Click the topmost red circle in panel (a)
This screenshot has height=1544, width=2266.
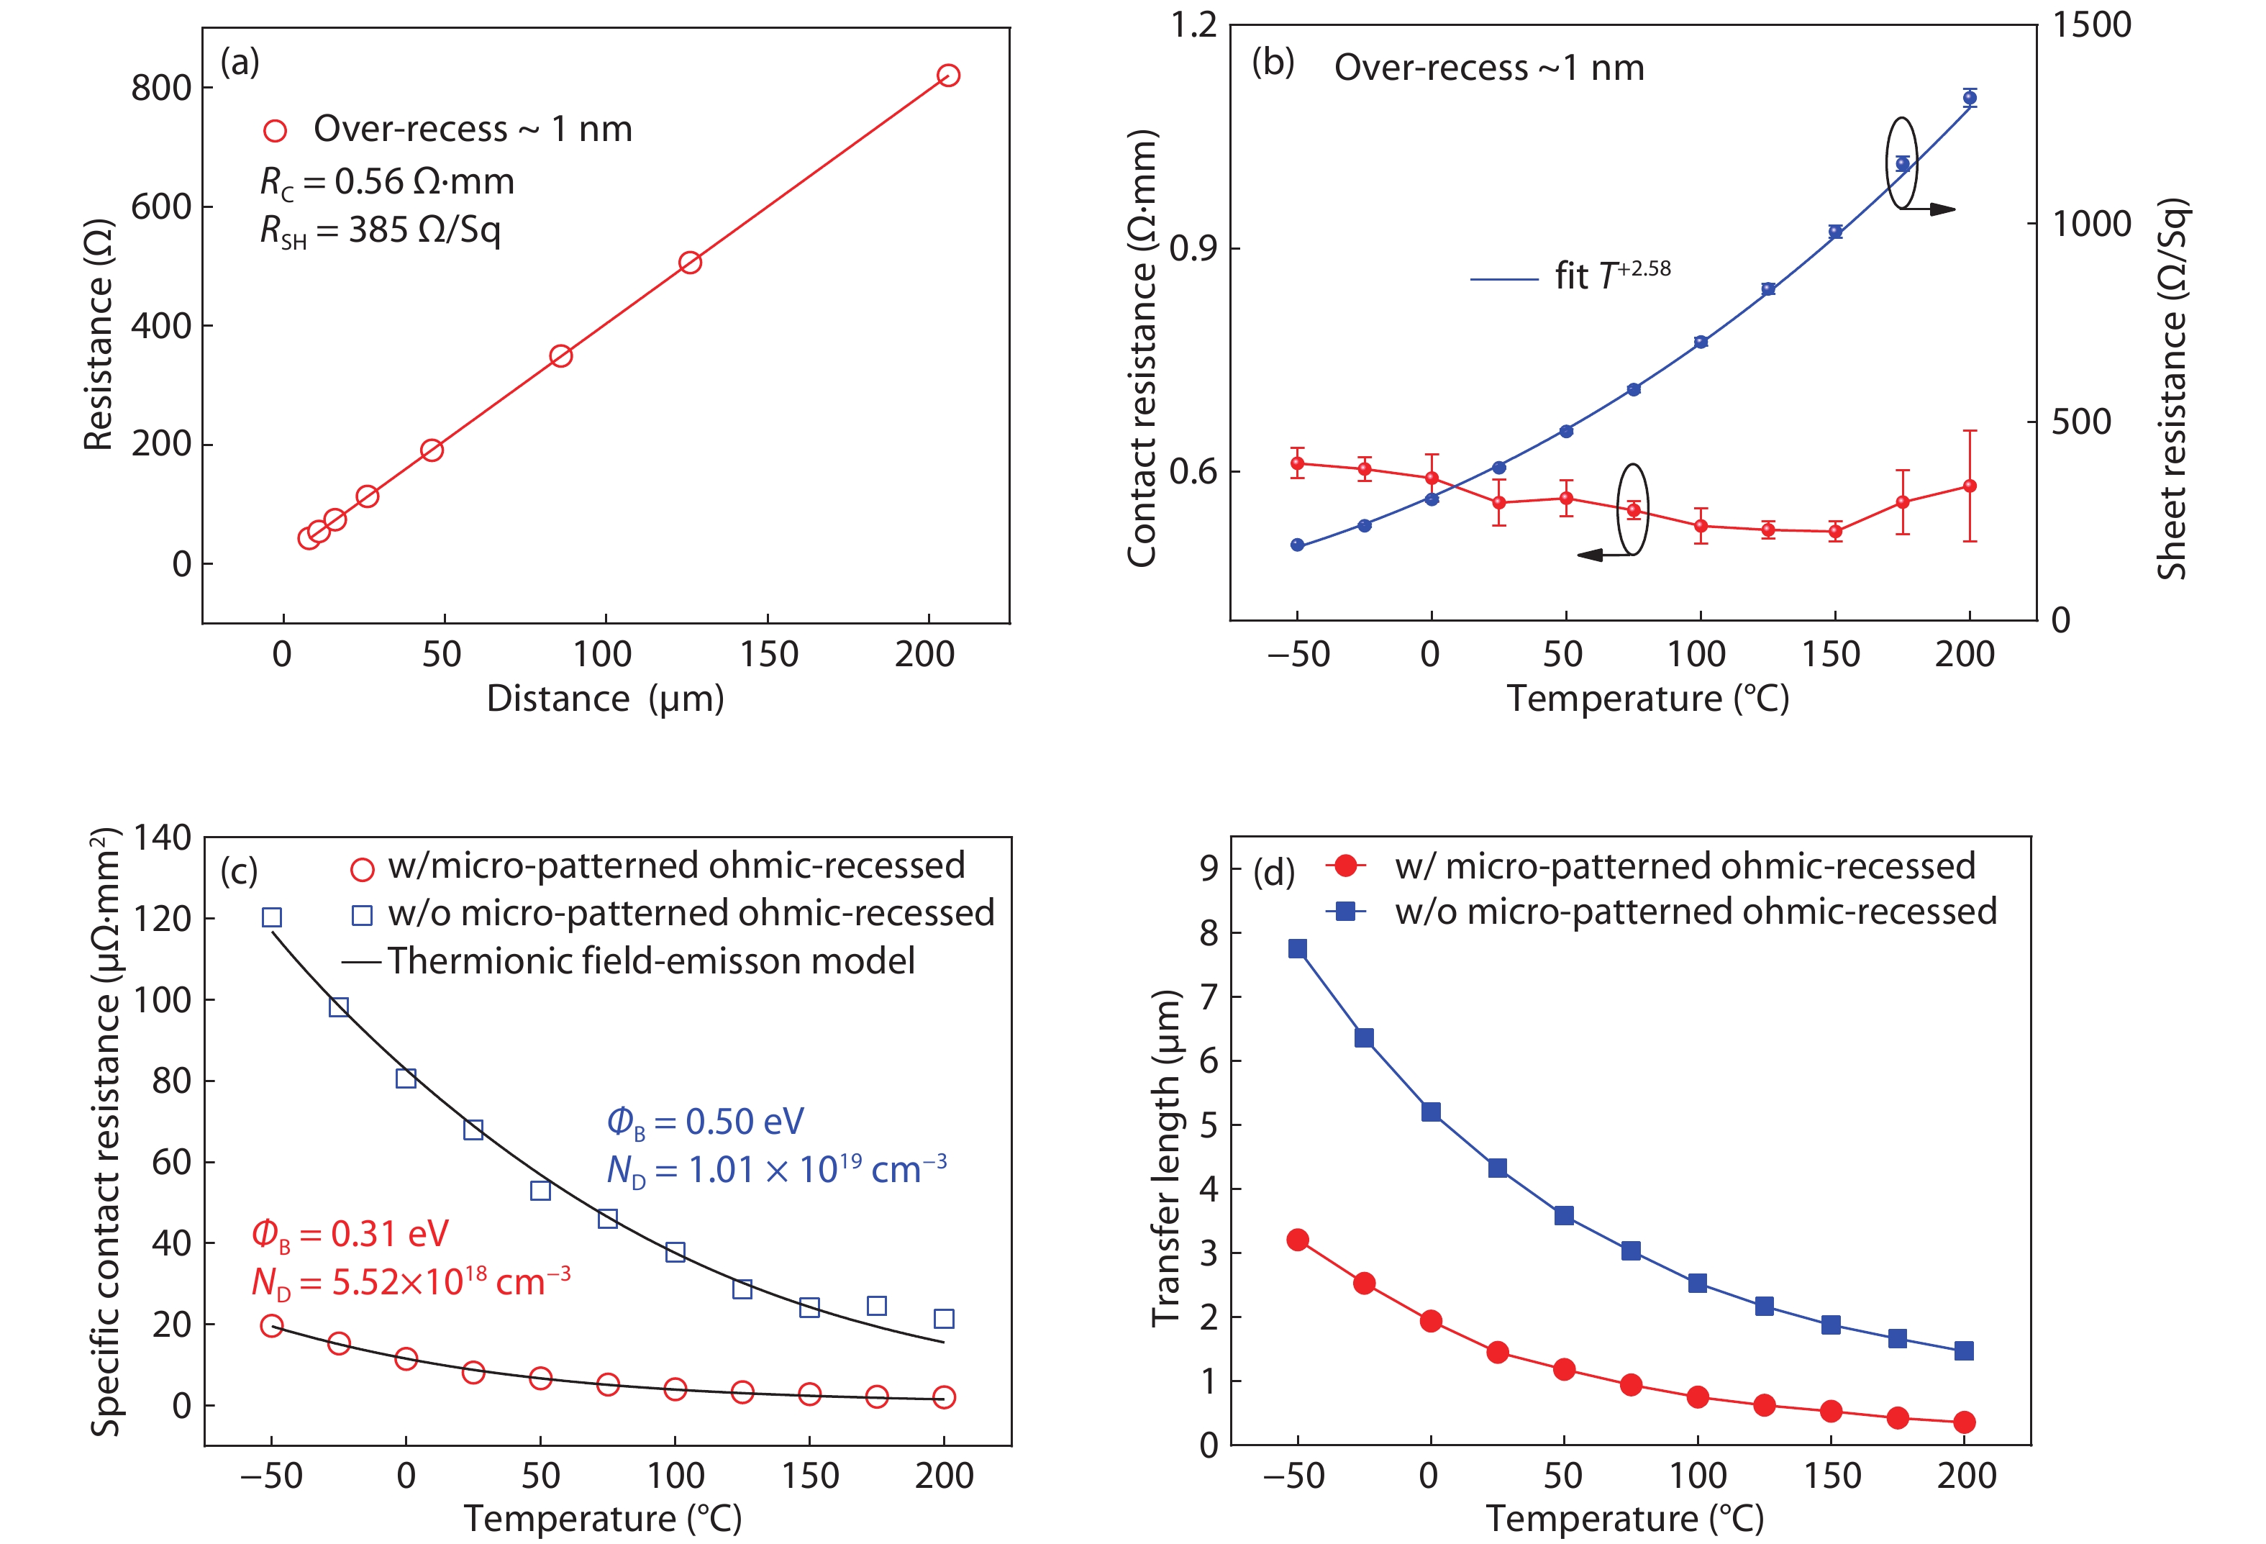(x=947, y=75)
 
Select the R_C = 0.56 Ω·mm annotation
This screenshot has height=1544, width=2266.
(x=386, y=181)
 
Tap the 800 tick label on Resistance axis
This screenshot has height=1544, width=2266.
(x=161, y=88)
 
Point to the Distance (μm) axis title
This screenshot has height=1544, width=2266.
(x=604, y=699)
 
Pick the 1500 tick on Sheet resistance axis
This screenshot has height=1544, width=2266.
(x=2091, y=24)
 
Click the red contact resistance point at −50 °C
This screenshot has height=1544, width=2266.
(x=1297, y=463)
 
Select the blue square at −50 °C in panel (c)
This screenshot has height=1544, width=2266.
(x=272, y=917)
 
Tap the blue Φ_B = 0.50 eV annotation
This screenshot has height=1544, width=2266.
(x=705, y=1122)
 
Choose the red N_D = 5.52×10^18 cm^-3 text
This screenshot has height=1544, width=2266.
(x=411, y=1281)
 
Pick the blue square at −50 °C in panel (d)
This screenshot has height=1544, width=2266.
(x=1297, y=948)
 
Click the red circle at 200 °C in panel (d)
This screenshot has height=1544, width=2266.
(x=1964, y=1422)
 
